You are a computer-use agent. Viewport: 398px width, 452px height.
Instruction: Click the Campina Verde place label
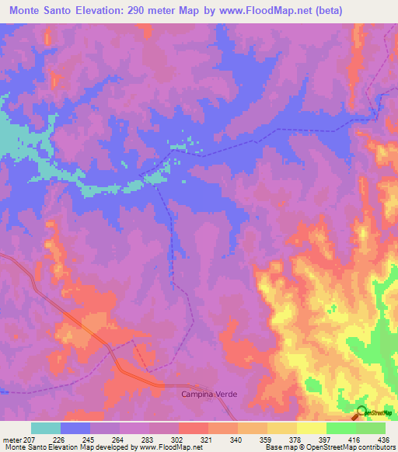click(209, 395)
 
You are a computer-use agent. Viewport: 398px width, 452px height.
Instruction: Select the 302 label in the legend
click(176, 440)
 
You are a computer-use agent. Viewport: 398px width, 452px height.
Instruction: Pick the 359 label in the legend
click(266, 440)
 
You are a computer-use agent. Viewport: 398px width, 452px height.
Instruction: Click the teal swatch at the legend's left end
click(46, 428)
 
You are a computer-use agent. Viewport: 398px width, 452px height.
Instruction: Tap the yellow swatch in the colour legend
click(311, 428)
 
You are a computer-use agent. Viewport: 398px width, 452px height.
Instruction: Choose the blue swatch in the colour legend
click(75, 428)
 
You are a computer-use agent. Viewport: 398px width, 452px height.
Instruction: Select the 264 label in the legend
click(117, 440)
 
